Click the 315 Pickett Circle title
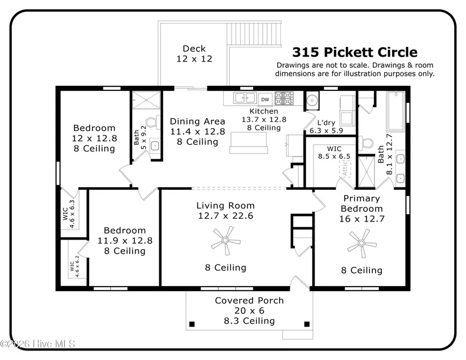pyautogui.click(x=355, y=52)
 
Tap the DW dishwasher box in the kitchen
pyautogui.click(x=265, y=99)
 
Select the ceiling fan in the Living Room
pyautogui.click(x=225, y=240)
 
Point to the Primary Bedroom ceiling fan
pyautogui.click(x=362, y=244)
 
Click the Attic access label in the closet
pyautogui.click(x=345, y=168)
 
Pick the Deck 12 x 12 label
pyautogui.click(x=194, y=54)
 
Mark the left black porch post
pyautogui.click(x=192, y=324)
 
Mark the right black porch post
pyautogui.click(x=307, y=324)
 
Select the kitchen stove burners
pyautogui.click(x=284, y=98)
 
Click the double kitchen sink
pyautogui.click(x=245, y=98)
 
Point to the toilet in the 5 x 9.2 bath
pyautogui.click(x=153, y=122)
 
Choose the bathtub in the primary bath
pyautogui.click(x=395, y=111)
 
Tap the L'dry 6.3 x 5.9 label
pyautogui.click(x=326, y=127)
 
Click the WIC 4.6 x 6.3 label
pyautogui.click(x=69, y=214)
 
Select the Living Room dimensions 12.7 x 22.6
pyautogui.click(x=225, y=215)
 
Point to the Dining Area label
pyautogui.click(x=197, y=122)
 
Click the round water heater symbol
pyautogui.click(x=312, y=101)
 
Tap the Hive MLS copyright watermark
pyautogui.click(x=38, y=344)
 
